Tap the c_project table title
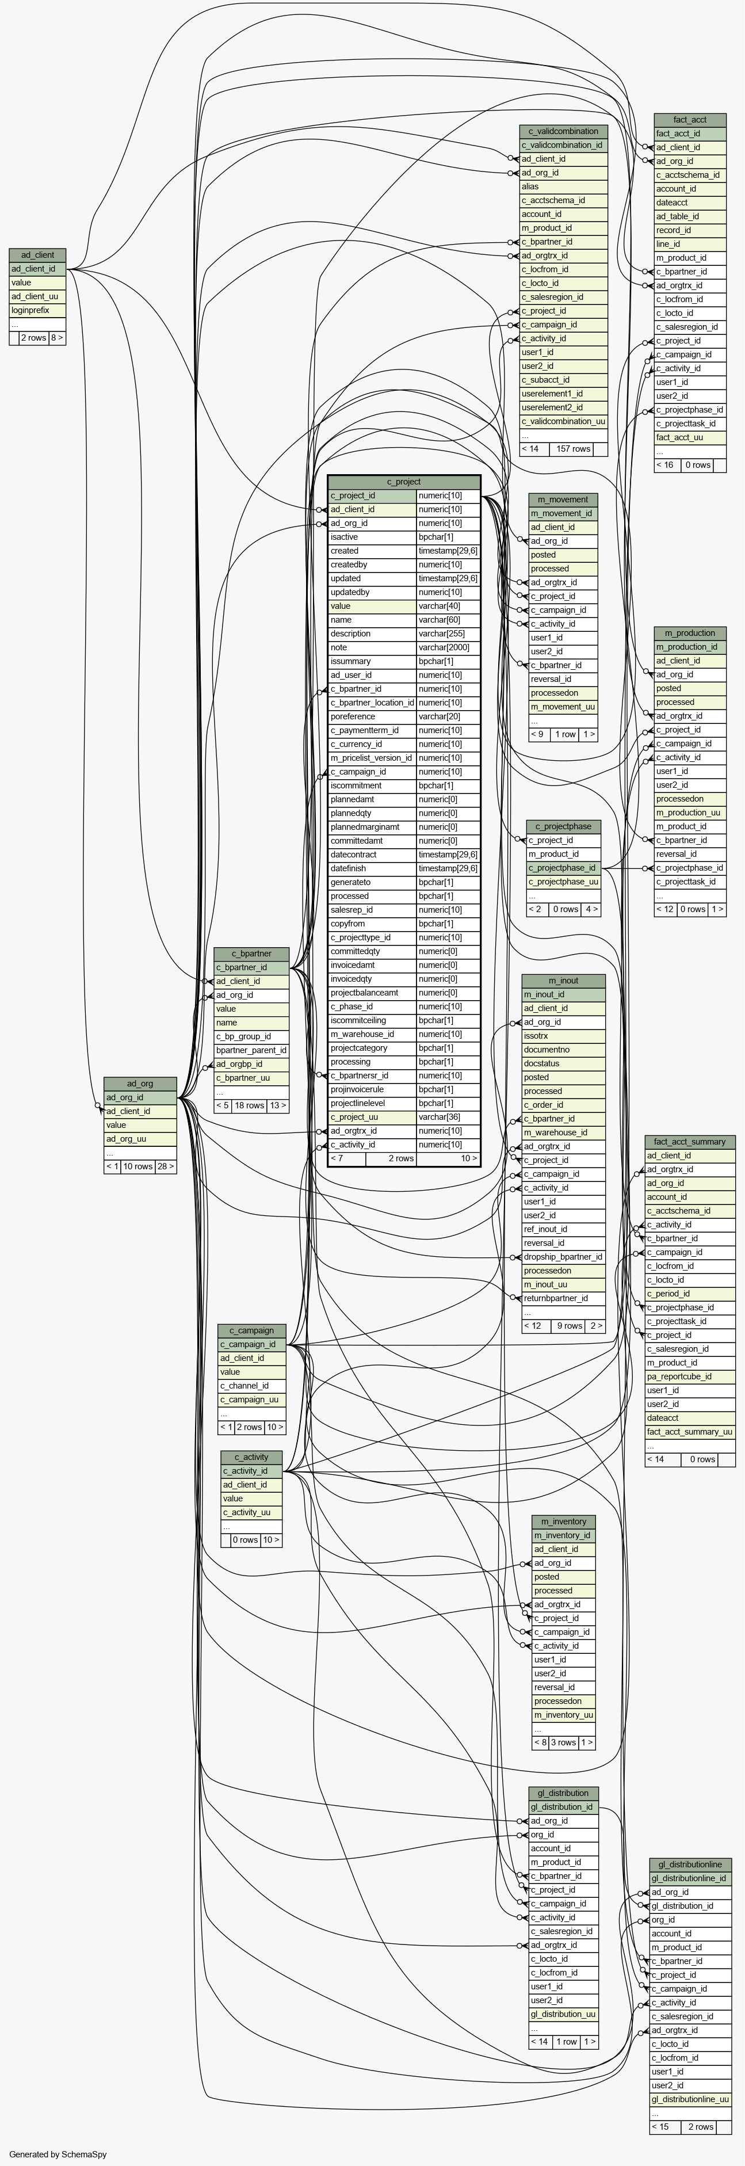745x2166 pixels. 404,482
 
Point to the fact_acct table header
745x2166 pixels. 690,119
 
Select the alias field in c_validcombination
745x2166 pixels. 530,186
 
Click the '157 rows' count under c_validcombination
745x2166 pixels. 574,449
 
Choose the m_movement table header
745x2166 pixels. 563,499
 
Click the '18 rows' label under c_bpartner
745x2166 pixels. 250,1105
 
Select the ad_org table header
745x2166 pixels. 140,1084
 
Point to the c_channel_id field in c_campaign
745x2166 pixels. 244,1386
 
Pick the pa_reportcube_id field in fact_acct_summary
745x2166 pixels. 679,1376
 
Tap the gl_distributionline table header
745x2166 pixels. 690,1864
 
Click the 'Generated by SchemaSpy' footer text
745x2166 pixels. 58,2154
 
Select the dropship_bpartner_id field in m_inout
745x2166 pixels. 563,1257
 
